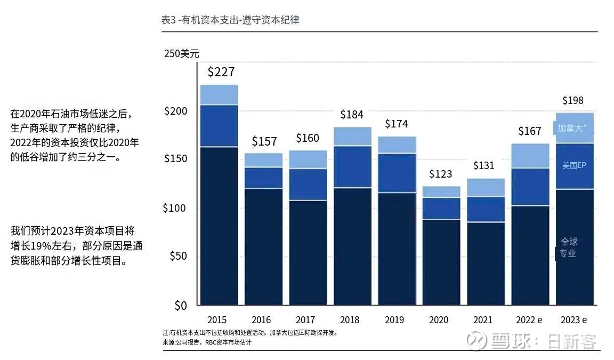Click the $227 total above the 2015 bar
click(x=221, y=72)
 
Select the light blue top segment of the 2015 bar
click(x=219, y=95)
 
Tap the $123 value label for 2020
click(x=441, y=174)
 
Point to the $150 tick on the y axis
click(x=175, y=158)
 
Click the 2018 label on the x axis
click(x=350, y=320)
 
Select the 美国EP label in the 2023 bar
click(x=574, y=165)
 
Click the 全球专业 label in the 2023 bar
click(x=568, y=247)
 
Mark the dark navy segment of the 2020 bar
click(x=441, y=262)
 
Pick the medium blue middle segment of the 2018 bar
click(x=352, y=167)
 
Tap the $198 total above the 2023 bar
click(x=573, y=101)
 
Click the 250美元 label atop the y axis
click(x=182, y=54)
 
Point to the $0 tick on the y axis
click(x=181, y=305)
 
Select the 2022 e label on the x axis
click(x=529, y=320)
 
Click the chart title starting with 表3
click(x=230, y=20)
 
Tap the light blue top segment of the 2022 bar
click(x=530, y=156)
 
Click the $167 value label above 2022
click(x=530, y=131)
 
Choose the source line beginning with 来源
click(x=207, y=342)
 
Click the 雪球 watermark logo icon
click(x=476, y=340)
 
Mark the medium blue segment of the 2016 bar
click(x=263, y=178)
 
